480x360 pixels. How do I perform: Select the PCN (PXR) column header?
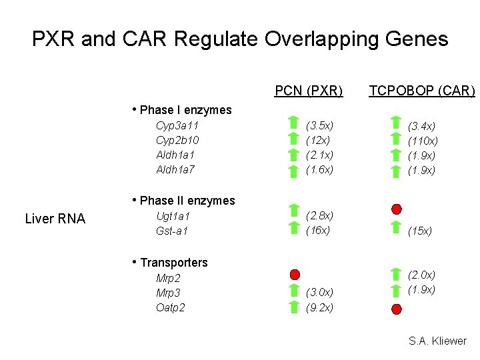[x=309, y=91]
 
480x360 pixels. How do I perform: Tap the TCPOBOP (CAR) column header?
[x=422, y=91]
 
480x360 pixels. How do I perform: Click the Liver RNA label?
[x=55, y=219]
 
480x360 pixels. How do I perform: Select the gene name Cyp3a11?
[x=177, y=125]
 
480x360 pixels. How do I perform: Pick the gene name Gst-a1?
[x=172, y=231]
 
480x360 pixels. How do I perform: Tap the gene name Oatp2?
[x=171, y=307]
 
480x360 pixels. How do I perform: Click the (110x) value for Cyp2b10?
[x=423, y=141]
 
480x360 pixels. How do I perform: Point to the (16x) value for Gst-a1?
[x=318, y=230]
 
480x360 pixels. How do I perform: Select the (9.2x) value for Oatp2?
[x=319, y=307]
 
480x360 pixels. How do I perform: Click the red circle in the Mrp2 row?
[x=295, y=275]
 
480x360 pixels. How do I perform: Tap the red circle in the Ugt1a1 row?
[x=397, y=209]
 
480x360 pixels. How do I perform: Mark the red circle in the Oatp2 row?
[x=397, y=309]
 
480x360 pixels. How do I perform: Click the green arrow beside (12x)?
[x=293, y=139]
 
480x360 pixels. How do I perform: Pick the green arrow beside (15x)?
[x=396, y=227]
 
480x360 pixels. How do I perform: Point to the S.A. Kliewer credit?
[x=437, y=341]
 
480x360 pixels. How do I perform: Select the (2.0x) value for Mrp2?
[x=421, y=275]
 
